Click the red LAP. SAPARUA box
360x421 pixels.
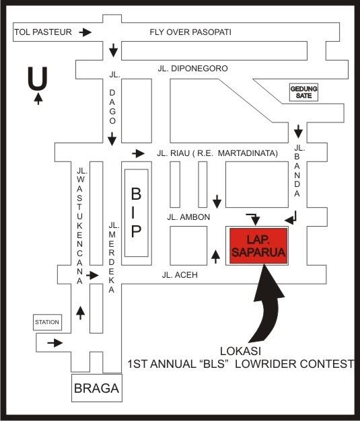click(258, 246)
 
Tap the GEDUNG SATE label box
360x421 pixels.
click(303, 92)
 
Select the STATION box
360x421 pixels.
click(47, 322)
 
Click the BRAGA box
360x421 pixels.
click(97, 388)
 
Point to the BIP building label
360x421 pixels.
click(136, 213)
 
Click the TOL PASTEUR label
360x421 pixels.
click(43, 32)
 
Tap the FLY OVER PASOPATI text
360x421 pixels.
click(190, 32)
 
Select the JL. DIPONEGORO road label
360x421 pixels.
click(192, 69)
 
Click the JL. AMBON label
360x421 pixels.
click(188, 217)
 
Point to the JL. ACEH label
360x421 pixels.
click(180, 275)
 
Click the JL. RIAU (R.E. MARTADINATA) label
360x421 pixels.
click(217, 153)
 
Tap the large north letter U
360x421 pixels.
click(38, 78)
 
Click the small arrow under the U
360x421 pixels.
click(38, 99)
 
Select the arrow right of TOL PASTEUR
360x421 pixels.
click(85, 32)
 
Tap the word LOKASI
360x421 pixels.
click(240, 351)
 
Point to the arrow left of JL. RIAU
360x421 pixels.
click(139, 153)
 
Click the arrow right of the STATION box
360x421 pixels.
click(55, 343)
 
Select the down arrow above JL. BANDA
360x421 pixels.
click(298, 131)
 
